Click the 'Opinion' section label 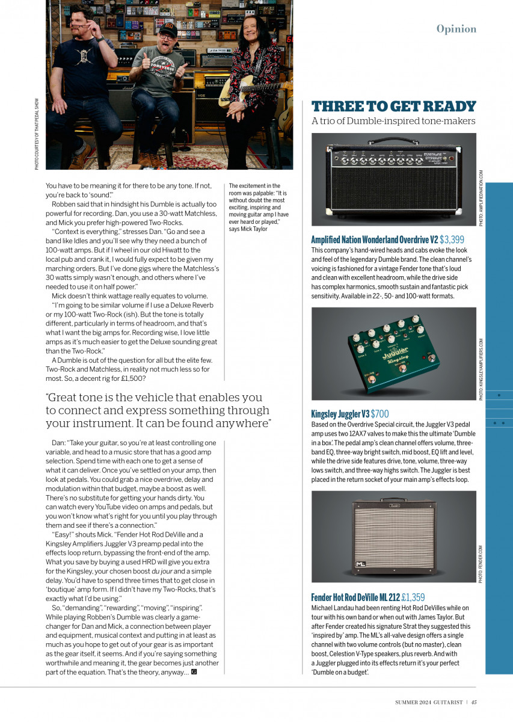[x=456, y=29]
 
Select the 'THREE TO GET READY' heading [x=393, y=106]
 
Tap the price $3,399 [x=452, y=239]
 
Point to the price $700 [x=380, y=414]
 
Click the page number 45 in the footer [x=474, y=702]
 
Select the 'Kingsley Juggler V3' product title [x=340, y=414]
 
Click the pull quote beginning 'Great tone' [x=158, y=410]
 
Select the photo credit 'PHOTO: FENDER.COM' [x=481, y=564]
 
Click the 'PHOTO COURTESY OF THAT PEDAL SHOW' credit [x=37, y=133]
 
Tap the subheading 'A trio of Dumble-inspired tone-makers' [x=393, y=121]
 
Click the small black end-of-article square [x=194, y=672]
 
